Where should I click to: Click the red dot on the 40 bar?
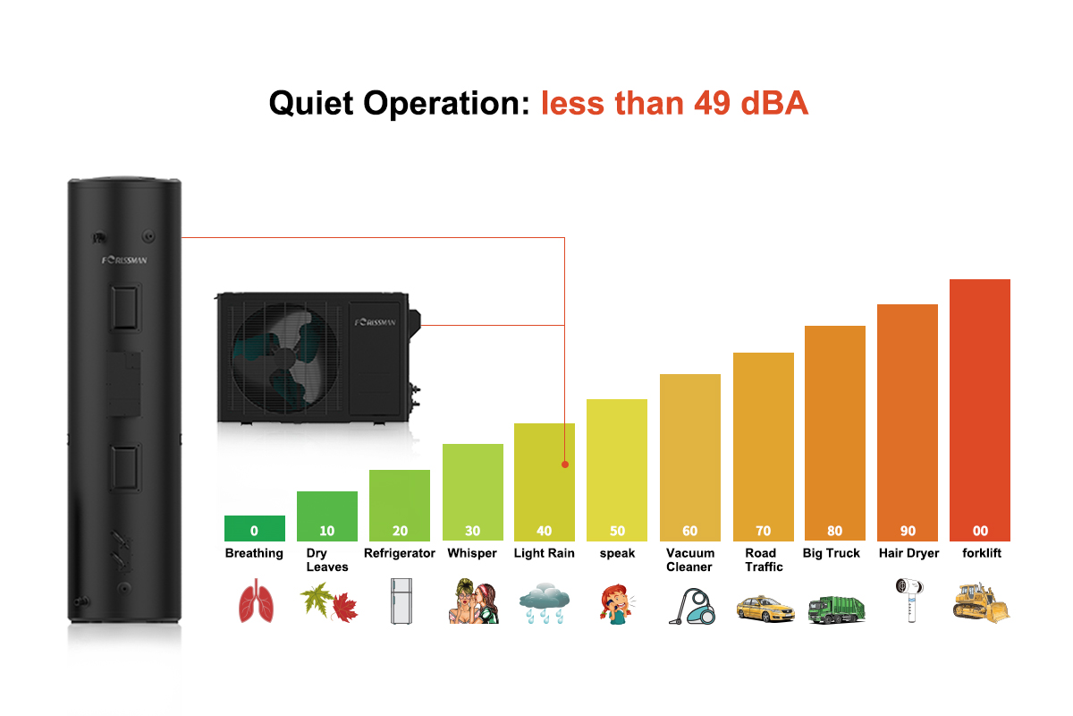pos(565,465)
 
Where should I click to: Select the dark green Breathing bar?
pos(255,528)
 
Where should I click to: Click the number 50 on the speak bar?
pos(617,531)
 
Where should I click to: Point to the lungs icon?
pos(255,601)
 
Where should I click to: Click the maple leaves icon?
pos(327,602)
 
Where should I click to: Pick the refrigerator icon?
pos(399,601)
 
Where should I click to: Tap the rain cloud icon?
pos(544,603)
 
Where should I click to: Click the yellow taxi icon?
pos(765,609)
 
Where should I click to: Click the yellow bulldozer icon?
pos(981,602)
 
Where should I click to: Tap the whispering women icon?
pos(472,602)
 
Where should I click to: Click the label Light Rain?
pos(544,553)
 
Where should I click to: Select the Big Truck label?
pos(831,553)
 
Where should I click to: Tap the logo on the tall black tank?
pos(124,260)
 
